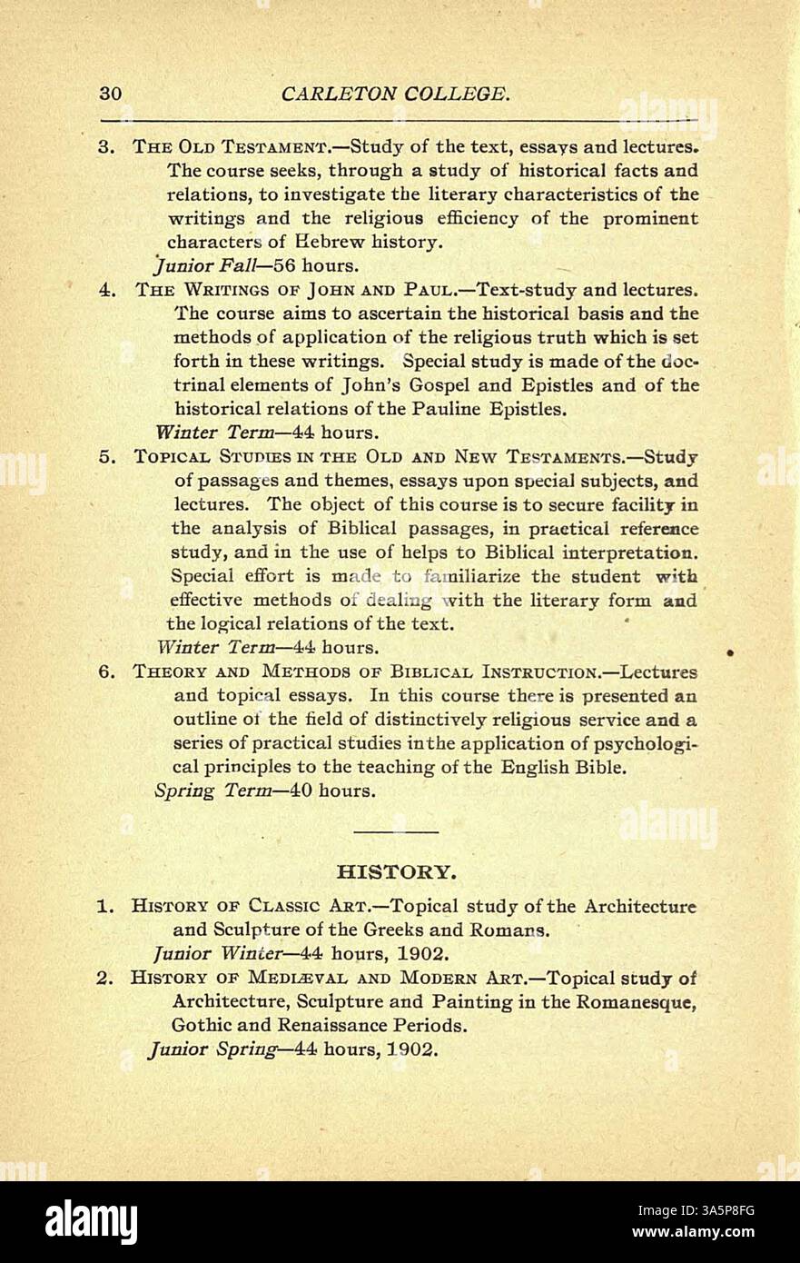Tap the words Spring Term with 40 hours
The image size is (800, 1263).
212,791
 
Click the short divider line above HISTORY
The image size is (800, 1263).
394,830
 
